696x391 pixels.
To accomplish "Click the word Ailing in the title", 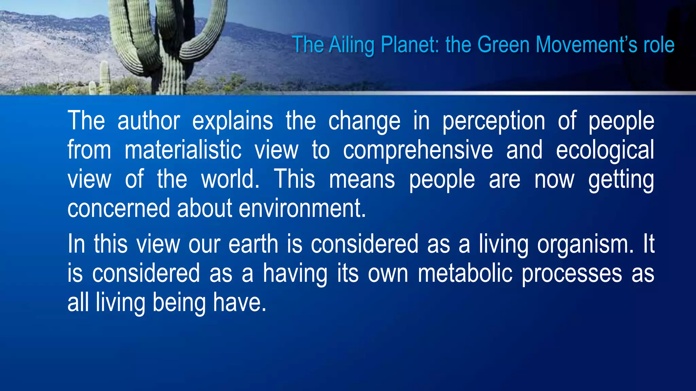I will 351,45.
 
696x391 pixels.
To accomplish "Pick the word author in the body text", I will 149,121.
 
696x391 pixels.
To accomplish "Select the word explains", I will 232,121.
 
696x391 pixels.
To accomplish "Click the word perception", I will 493,122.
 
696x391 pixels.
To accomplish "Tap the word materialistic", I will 183,150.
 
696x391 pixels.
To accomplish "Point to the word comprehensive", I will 418,150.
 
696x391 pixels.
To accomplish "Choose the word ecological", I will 605,150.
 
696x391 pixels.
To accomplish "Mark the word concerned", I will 119,208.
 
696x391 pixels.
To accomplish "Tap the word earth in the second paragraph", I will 253,244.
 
